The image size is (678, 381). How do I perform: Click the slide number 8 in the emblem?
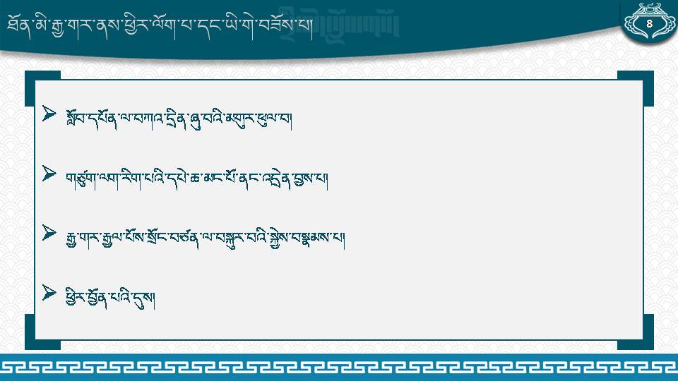pyautogui.click(x=649, y=24)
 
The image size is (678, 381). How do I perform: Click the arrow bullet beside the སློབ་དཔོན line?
pyautogui.click(x=49, y=114)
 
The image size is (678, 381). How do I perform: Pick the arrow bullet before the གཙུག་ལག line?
pyautogui.click(x=49, y=174)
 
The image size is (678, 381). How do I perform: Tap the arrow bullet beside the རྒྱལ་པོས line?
pyautogui.click(x=49, y=234)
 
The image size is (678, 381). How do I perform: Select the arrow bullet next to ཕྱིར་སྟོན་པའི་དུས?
pyautogui.click(x=49, y=293)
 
